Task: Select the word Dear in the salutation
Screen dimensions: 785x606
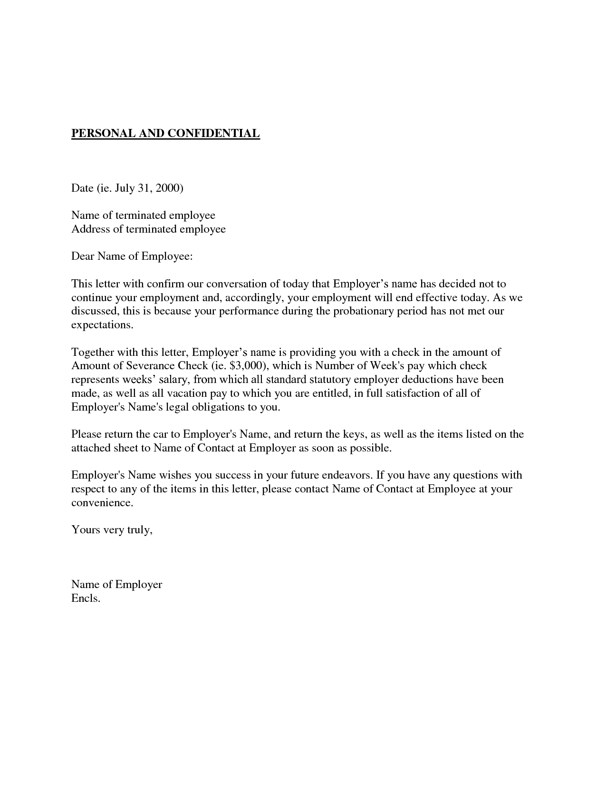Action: tap(83, 257)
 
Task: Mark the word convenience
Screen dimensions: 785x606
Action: tap(101, 503)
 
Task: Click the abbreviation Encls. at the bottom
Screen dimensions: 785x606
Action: tap(86, 599)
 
